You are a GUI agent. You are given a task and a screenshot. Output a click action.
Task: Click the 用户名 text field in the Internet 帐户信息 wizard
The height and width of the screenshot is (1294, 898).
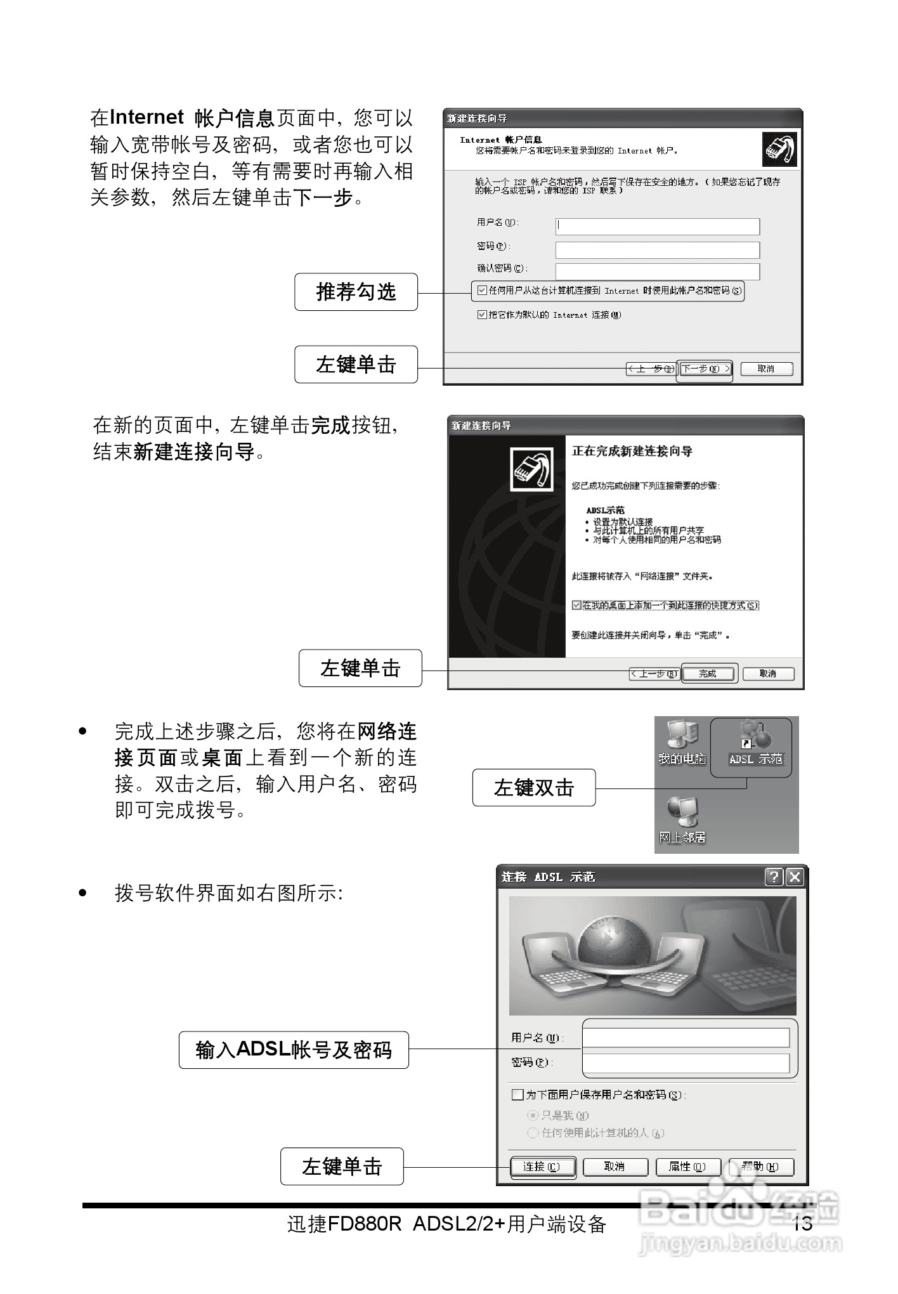pos(657,226)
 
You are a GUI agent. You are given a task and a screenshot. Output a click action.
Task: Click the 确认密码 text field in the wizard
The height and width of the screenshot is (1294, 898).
pos(657,271)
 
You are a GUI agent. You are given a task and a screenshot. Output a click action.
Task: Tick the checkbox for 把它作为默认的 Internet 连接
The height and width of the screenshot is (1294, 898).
pos(482,315)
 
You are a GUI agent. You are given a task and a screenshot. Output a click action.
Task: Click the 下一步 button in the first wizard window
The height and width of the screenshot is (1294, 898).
pos(705,369)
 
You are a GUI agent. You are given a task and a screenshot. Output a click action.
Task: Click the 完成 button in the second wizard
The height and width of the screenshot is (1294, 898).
pos(709,674)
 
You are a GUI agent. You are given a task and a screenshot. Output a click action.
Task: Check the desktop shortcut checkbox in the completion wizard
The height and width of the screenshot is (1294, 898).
pos(576,605)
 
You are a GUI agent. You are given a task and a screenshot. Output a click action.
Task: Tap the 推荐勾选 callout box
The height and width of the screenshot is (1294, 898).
pos(356,292)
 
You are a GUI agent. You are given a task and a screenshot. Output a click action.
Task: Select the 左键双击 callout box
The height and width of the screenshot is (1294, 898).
pos(533,788)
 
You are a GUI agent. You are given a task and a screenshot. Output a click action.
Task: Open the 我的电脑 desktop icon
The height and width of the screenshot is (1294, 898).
pos(682,738)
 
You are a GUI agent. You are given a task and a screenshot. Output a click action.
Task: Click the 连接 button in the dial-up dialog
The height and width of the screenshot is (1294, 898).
pos(542,1167)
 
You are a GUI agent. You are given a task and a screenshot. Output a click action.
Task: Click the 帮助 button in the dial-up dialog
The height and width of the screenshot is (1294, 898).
pos(761,1167)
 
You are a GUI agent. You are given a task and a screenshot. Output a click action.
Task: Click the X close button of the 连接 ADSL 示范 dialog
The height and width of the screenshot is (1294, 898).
pos(794,877)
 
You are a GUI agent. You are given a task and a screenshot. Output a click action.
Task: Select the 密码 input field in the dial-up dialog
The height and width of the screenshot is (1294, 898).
pos(686,1062)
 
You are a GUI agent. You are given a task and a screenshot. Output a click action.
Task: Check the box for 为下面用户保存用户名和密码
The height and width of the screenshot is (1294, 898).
pos(517,1095)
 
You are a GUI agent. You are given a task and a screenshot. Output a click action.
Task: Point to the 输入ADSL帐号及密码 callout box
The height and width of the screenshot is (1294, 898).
pos(294,1050)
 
